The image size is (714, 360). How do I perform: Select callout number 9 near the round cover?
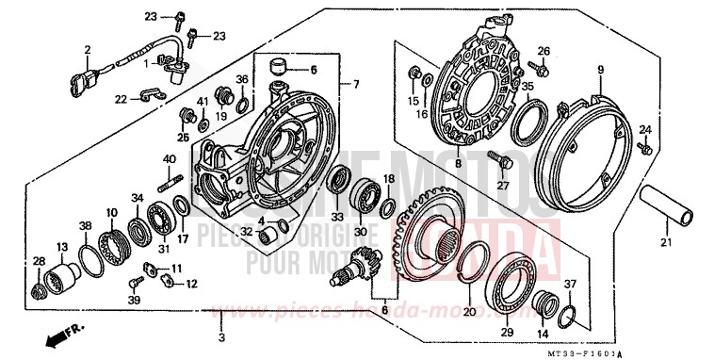600,69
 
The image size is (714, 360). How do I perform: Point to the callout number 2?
87,50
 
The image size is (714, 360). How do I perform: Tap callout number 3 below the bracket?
220,337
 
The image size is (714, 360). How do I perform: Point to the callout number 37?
568,286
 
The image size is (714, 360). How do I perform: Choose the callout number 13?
63,247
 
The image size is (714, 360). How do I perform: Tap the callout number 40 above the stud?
170,159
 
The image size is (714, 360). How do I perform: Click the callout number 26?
543,50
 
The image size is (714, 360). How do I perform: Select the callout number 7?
356,85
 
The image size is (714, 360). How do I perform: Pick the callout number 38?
86,226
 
